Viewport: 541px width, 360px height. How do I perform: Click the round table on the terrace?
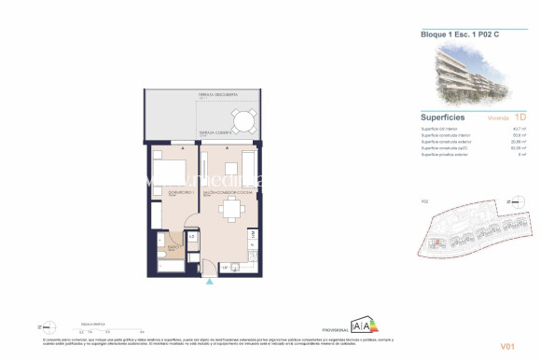243,120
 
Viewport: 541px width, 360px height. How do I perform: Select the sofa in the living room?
249,165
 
